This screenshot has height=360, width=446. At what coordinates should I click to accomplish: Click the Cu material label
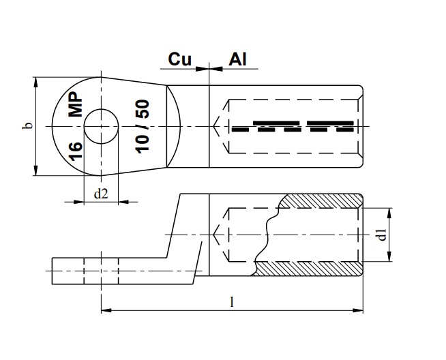pyautogui.click(x=179, y=59)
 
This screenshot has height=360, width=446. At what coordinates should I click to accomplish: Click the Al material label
pyautogui.click(x=237, y=59)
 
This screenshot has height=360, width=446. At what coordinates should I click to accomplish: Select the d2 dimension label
pyautogui.click(x=100, y=194)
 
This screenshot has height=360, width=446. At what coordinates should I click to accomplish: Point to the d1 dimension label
pyautogui.click(x=383, y=235)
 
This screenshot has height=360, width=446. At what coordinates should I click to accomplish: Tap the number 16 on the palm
pyautogui.click(x=76, y=147)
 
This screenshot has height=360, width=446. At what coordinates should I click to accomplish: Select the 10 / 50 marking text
pyautogui.click(x=143, y=126)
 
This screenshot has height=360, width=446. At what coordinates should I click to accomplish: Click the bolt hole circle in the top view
pyautogui.click(x=102, y=126)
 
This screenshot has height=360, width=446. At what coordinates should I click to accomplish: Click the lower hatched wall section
pyautogui.click(x=307, y=269)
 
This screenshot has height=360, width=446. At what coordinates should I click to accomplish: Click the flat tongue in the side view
pyautogui.click(x=89, y=271)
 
